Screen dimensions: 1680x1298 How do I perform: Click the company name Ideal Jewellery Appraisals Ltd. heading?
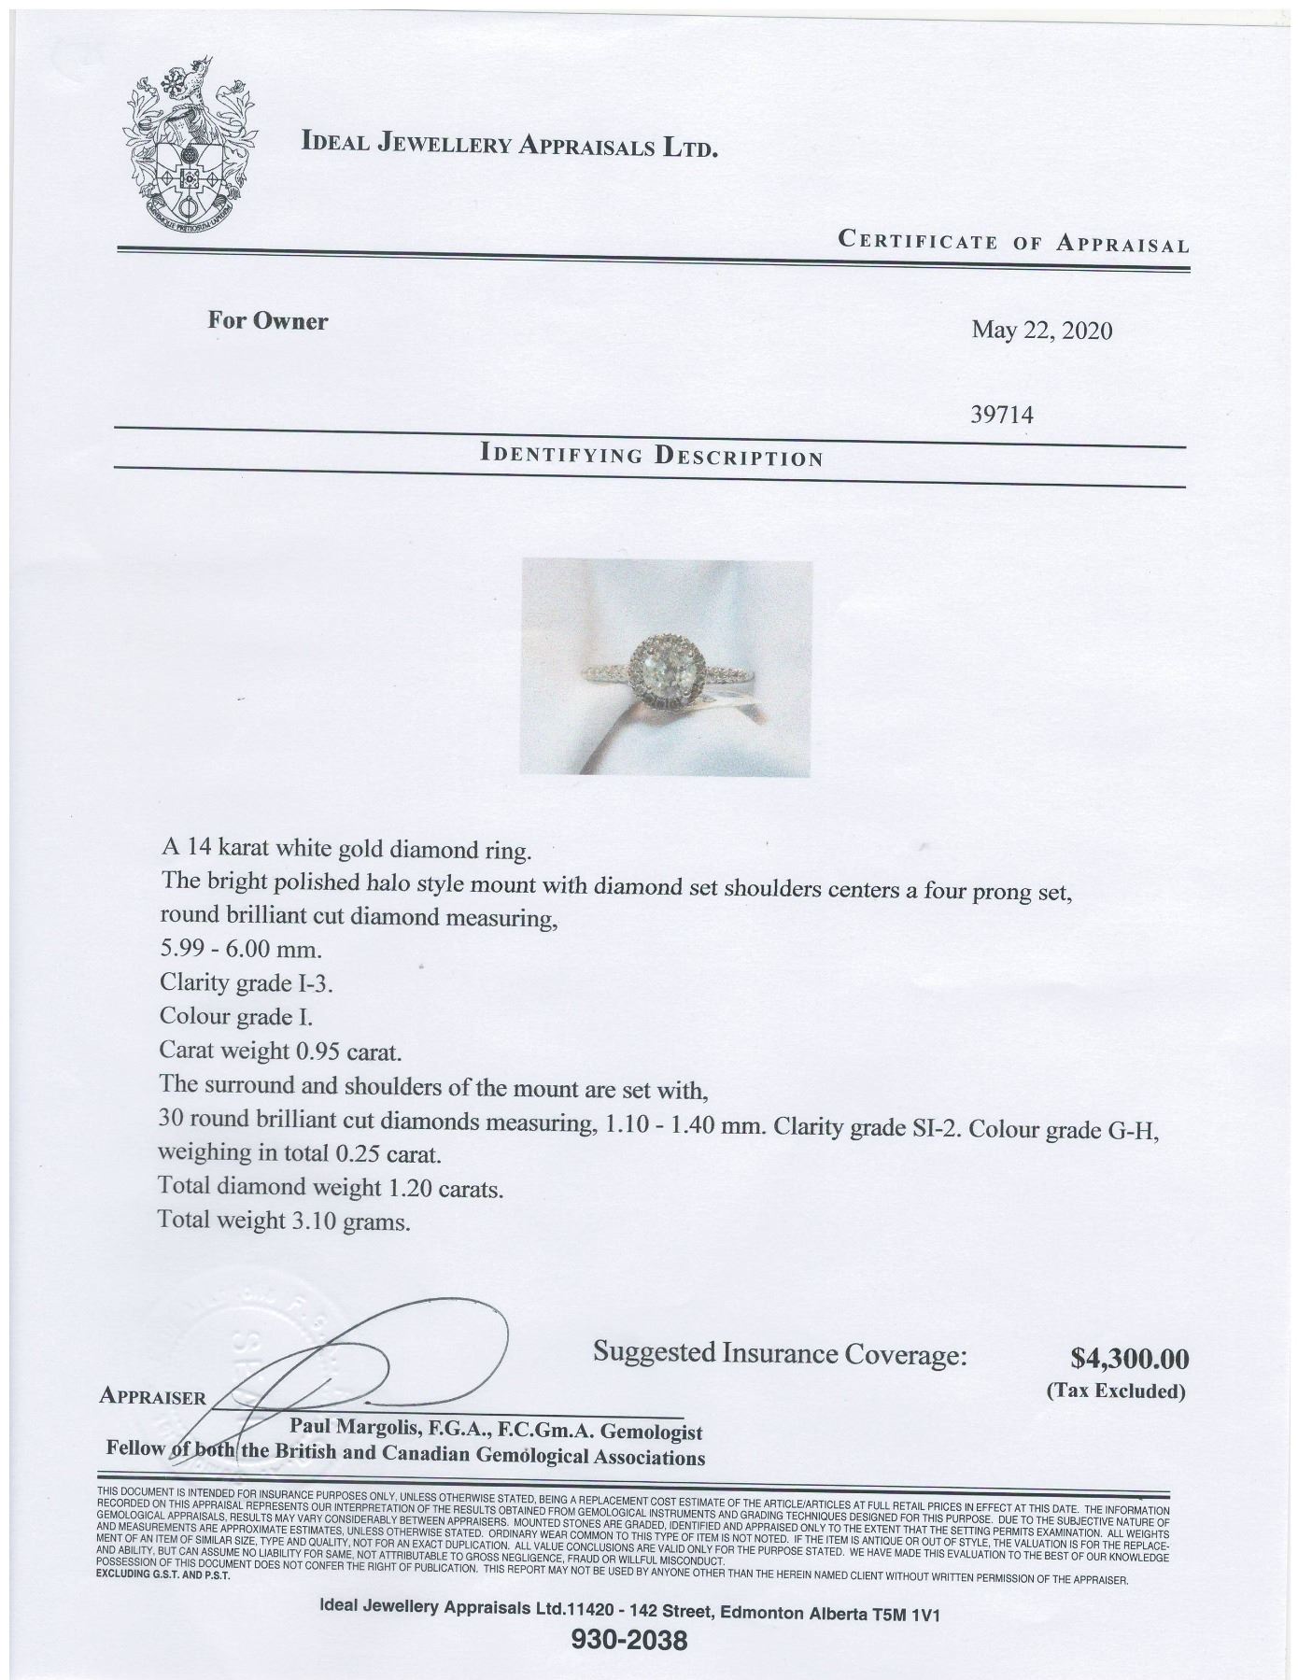509,144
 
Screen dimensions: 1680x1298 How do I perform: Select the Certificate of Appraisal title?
1013,243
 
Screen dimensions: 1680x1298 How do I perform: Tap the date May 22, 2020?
1041,331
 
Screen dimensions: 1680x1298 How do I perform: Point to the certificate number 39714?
1003,415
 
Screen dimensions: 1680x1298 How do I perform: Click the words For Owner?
267,321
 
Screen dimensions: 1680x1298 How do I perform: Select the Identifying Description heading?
651,457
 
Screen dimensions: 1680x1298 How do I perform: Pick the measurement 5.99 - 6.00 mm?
241,951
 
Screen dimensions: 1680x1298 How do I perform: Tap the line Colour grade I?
235,1016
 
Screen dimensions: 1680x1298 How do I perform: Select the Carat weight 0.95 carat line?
280,1052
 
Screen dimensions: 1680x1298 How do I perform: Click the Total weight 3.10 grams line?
284,1220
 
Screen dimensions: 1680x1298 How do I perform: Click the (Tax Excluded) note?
1115,1391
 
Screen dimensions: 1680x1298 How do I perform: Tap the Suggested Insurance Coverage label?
780,1353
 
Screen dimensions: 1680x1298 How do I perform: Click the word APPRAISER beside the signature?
151,1398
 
